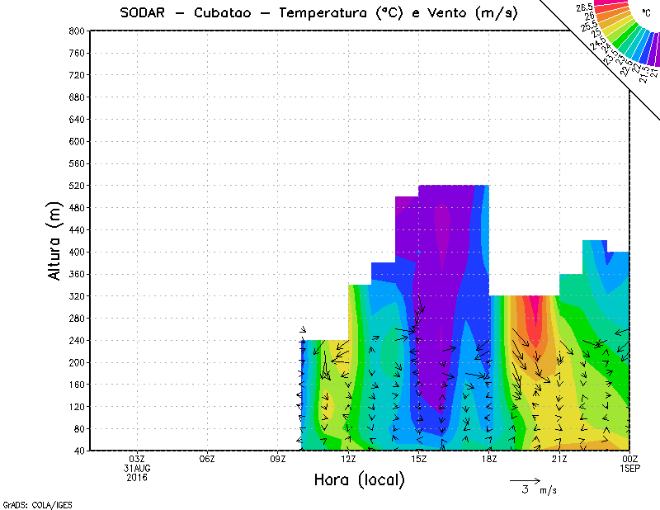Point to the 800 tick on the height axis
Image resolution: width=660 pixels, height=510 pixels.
click(x=76, y=31)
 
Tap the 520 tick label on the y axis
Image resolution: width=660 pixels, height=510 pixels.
click(x=76, y=186)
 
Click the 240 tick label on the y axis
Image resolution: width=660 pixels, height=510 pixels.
click(x=76, y=340)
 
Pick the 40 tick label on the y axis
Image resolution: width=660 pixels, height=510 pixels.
click(x=78, y=451)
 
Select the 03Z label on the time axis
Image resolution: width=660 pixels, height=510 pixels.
click(x=137, y=459)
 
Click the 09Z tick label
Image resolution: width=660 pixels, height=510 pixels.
click(x=278, y=459)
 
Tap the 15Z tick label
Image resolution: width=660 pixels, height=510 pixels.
click(x=419, y=459)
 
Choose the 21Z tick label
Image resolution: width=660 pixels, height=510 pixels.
click(x=559, y=459)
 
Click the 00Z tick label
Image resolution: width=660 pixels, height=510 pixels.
click(x=630, y=459)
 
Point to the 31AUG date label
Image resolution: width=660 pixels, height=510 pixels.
click(x=137, y=468)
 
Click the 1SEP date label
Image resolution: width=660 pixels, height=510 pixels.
click(x=630, y=468)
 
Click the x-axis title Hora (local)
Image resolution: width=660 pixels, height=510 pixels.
click(x=359, y=480)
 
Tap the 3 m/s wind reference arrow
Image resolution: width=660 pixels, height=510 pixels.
click(x=524, y=479)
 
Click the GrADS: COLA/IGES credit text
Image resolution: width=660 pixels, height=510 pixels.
click(x=31, y=503)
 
